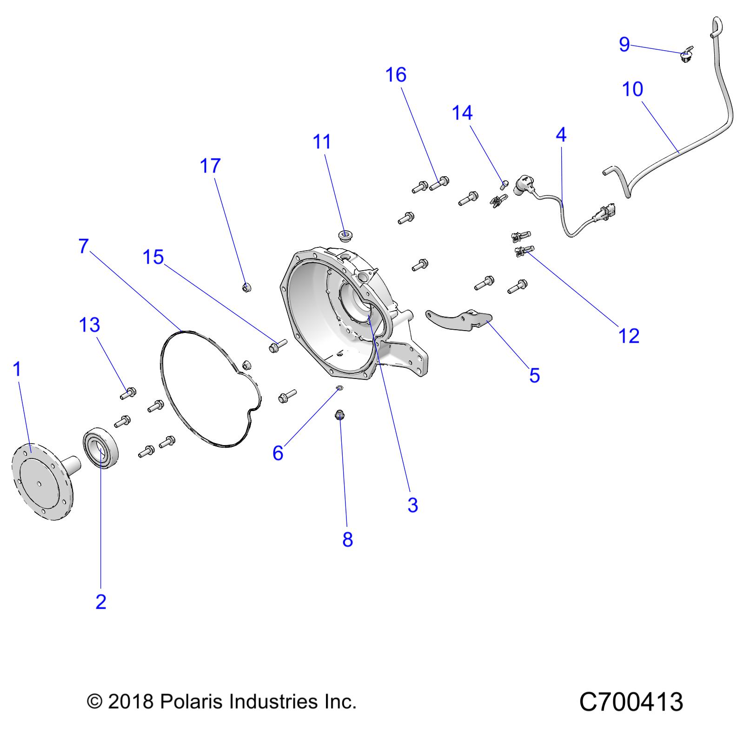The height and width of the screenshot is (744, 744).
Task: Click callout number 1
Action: [17, 369]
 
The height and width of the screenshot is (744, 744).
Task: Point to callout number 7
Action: [84, 246]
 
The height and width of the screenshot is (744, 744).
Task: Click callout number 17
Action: [210, 166]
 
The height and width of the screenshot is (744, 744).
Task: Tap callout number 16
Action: [396, 75]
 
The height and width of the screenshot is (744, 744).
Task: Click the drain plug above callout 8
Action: [340, 414]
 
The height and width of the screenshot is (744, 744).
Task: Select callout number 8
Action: [347, 539]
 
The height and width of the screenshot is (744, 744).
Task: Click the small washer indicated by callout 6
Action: [339, 388]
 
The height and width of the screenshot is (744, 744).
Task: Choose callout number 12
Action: [629, 336]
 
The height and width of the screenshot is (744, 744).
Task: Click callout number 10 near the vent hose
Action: [632, 89]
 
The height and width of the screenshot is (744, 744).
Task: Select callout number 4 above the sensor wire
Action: [561, 135]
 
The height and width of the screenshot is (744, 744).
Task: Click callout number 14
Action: [462, 113]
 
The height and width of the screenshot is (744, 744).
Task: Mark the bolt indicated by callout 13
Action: [127, 393]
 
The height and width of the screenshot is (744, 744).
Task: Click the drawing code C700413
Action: [631, 702]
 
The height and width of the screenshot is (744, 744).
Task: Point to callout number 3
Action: [412, 505]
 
